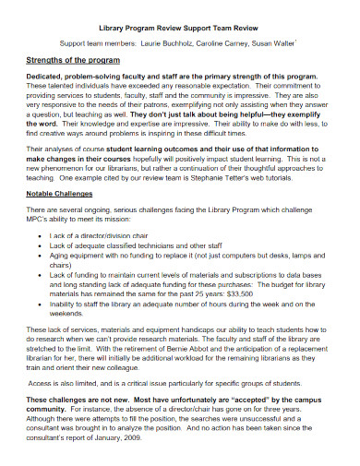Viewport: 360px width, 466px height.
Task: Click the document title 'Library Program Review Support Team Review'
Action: click(x=179, y=27)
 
